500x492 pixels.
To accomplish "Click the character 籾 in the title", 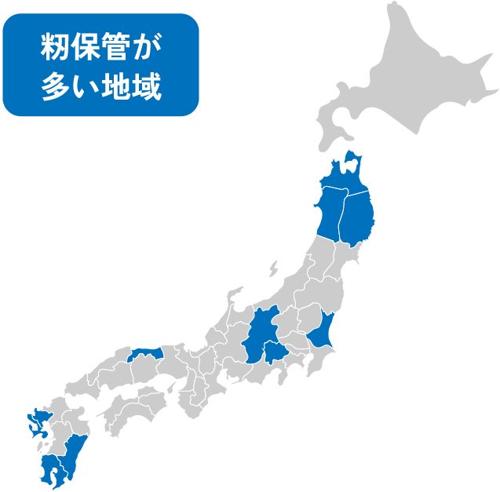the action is tap(56, 48).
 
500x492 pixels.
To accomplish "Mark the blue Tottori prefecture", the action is tap(146, 355).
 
